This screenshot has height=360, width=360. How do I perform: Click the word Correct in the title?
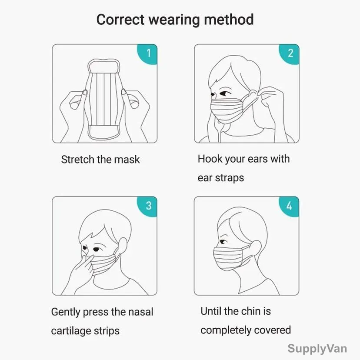[x=120, y=20]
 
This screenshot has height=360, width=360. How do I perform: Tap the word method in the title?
[x=229, y=20]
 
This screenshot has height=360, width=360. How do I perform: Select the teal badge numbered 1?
[x=148, y=54]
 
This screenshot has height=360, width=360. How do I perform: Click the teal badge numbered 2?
[x=290, y=54]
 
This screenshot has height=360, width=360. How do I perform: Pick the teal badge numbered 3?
[x=148, y=207]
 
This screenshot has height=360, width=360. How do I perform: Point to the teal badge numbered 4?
[x=290, y=207]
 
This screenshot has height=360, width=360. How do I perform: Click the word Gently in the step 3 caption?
[x=66, y=312]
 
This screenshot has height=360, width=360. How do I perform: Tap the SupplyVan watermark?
[x=317, y=349]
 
